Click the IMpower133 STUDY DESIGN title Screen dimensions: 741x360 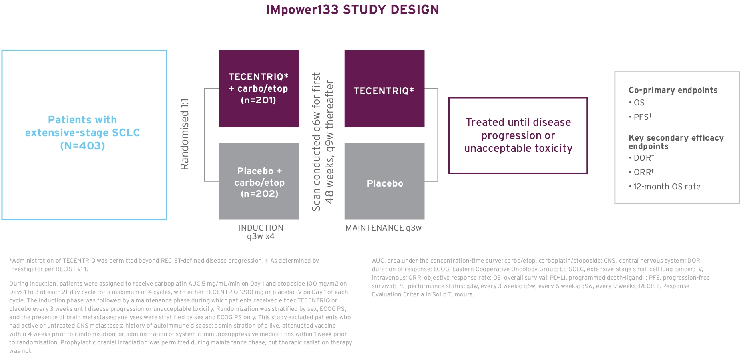pos(353,10)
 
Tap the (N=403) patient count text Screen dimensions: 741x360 pos(83,146)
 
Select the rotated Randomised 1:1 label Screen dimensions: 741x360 pos(185,134)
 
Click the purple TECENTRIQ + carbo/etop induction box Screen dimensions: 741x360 pos(259,89)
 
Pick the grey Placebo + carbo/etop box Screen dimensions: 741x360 pos(259,181)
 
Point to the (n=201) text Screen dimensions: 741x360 pos(259,100)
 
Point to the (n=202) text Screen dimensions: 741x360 pos(259,194)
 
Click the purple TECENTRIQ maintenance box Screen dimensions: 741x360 pos(384,89)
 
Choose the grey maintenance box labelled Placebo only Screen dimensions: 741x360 pos(384,181)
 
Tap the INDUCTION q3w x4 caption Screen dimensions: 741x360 pos(261,232)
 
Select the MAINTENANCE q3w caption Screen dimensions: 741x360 pos(384,228)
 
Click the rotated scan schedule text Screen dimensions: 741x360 pos(323,142)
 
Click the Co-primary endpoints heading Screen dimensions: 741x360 pos(673,90)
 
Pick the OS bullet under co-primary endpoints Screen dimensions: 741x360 pos(637,103)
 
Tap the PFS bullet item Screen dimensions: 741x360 pos(640,117)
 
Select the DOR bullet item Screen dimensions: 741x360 pos(641,158)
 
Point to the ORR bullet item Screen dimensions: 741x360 pos(641,172)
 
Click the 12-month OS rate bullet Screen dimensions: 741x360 pos(665,187)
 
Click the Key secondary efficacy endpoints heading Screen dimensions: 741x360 pos(676,142)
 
